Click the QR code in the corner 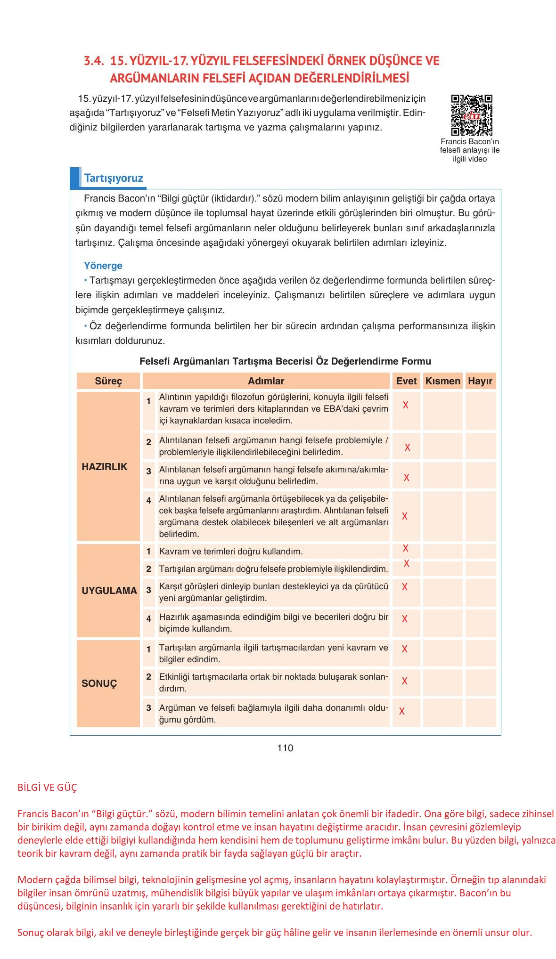471,115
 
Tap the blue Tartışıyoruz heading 113,179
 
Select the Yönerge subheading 103,266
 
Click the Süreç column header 108,381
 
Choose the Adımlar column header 266,381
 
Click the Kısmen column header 442,381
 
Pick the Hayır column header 480,381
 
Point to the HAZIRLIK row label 105,467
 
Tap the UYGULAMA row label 109,591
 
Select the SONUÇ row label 99,683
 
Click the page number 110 285,748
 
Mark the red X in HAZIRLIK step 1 405,405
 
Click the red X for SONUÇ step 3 401,711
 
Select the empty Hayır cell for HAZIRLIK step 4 480,516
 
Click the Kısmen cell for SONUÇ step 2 442,682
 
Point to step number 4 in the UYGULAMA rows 148,618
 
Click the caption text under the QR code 469,150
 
